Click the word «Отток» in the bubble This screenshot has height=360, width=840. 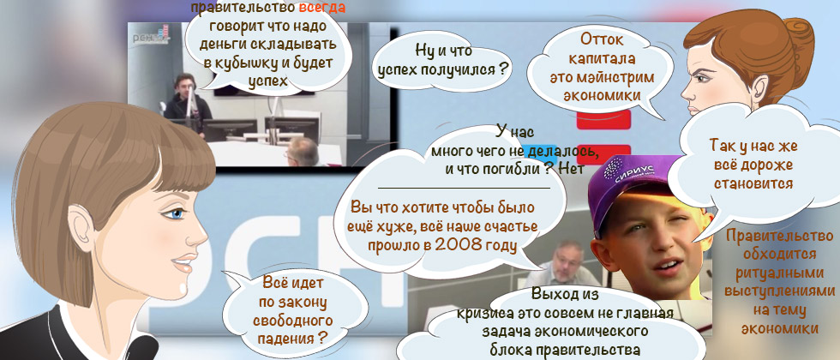click(602, 39)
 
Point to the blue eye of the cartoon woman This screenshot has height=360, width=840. click(176, 213)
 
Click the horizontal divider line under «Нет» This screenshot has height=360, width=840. click(464, 187)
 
